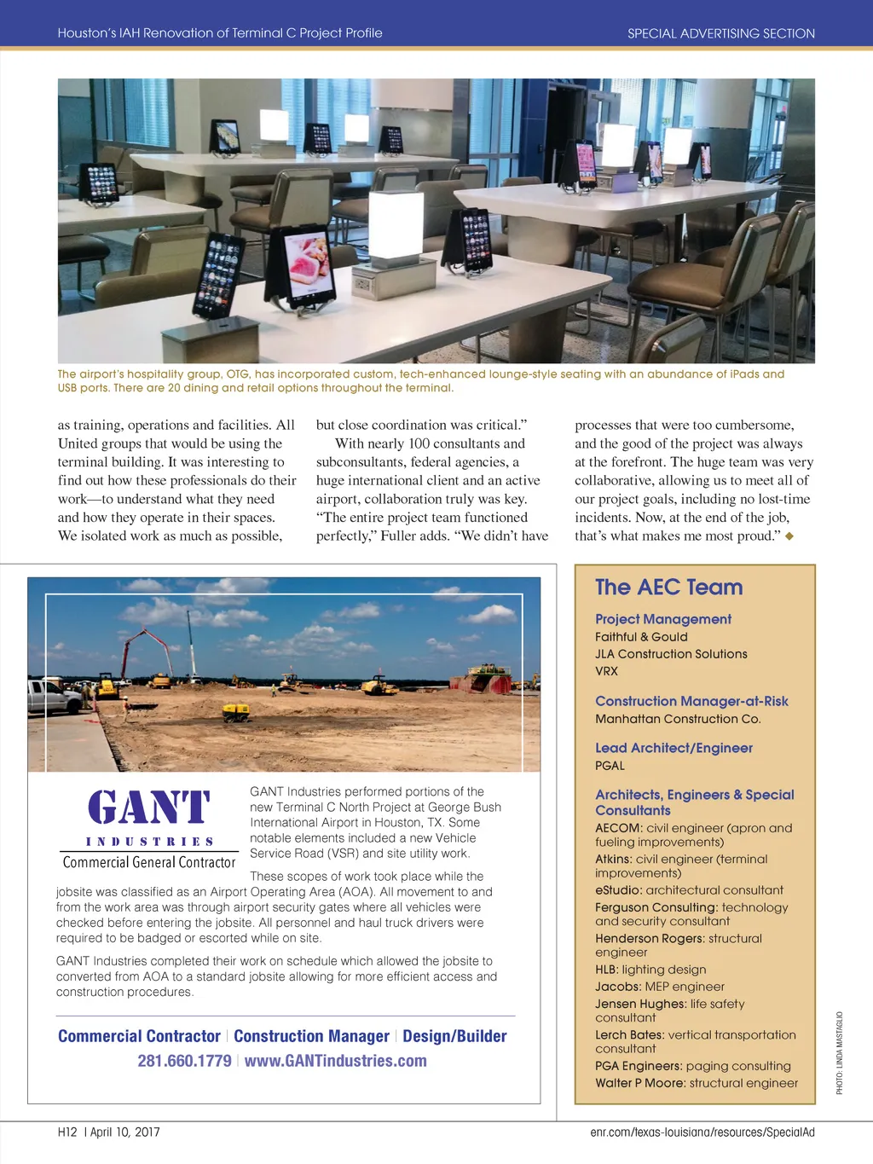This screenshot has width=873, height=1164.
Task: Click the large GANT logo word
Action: tap(149, 808)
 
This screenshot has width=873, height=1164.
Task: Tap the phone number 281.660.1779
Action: tap(184, 1061)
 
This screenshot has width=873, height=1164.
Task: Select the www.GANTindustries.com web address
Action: tap(335, 1061)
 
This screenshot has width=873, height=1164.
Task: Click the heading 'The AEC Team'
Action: tap(668, 588)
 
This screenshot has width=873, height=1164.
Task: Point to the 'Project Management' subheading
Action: tap(662, 619)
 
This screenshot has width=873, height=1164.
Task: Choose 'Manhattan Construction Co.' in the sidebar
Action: tap(678, 719)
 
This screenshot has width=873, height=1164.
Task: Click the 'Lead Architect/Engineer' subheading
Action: tap(674, 748)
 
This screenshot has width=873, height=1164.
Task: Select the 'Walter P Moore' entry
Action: tap(639, 1083)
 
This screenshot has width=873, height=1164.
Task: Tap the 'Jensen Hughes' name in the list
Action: tap(640, 1004)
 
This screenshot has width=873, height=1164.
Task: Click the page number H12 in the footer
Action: tap(67, 1132)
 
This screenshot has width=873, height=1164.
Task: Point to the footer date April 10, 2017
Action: tap(125, 1132)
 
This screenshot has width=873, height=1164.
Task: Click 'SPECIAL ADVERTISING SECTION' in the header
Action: tap(720, 33)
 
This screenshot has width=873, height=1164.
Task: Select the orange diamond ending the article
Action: tap(789, 536)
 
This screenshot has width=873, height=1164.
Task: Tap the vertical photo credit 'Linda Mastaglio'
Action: tap(839, 1052)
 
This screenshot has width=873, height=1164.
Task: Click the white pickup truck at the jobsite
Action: tap(53, 697)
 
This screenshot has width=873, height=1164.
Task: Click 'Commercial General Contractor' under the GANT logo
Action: tap(149, 862)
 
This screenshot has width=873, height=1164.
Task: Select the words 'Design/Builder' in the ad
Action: tap(454, 1036)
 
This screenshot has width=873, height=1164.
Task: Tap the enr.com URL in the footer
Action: tap(702, 1132)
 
